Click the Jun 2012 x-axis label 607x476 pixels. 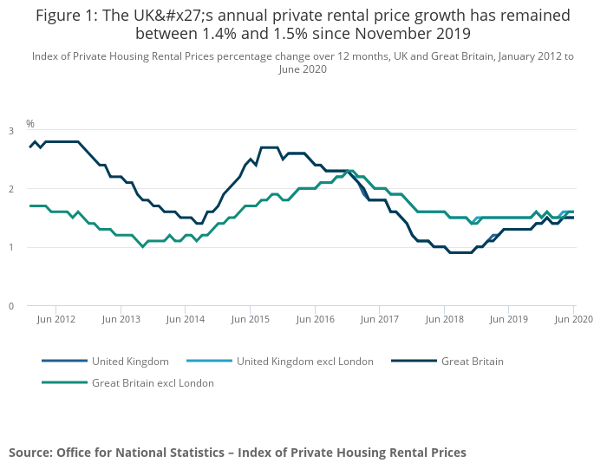[x=56, y=319]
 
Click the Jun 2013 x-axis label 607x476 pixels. [x=121, y=319]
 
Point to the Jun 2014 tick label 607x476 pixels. [x=186, y=319]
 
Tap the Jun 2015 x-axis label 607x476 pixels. [x=251, y=319]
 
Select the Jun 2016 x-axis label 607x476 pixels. [x=315, y=319]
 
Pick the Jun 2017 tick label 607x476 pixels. [x=380, y=319]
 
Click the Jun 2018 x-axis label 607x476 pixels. [x=444, y=319]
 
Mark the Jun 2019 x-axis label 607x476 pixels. [x=509, y=319]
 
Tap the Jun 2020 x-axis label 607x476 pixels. [x=573, y=319]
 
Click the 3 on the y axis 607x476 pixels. [x=11, y=131]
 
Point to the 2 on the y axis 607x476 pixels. [x=11, y=189]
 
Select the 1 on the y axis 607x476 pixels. [x=11, y=248]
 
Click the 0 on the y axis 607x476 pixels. [x=11, y=306]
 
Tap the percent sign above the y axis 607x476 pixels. [x=30, y=124]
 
